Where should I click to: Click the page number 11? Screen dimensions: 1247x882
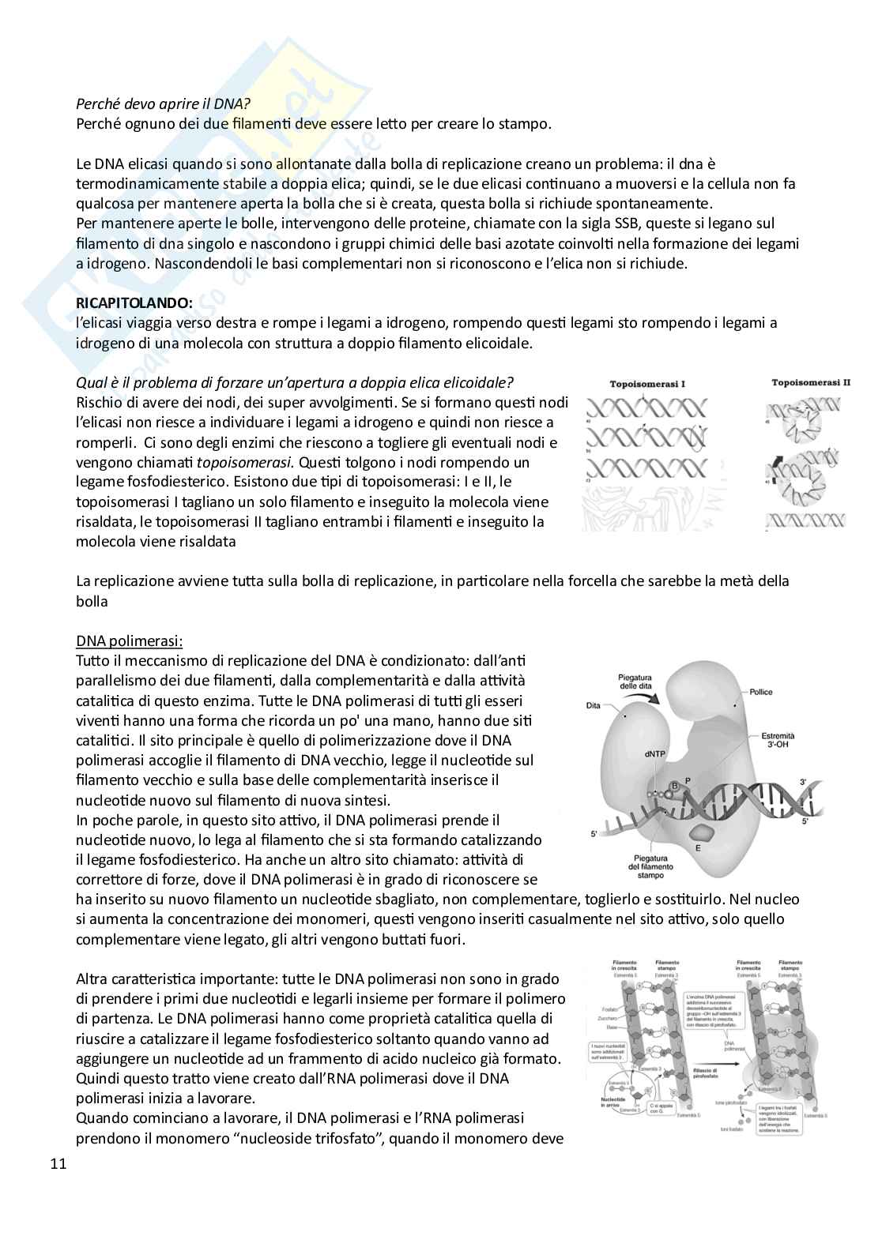point(58,1163)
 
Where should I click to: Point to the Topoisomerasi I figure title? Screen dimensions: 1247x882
point(647,383)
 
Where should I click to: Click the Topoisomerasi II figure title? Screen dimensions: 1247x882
point(811,382)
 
